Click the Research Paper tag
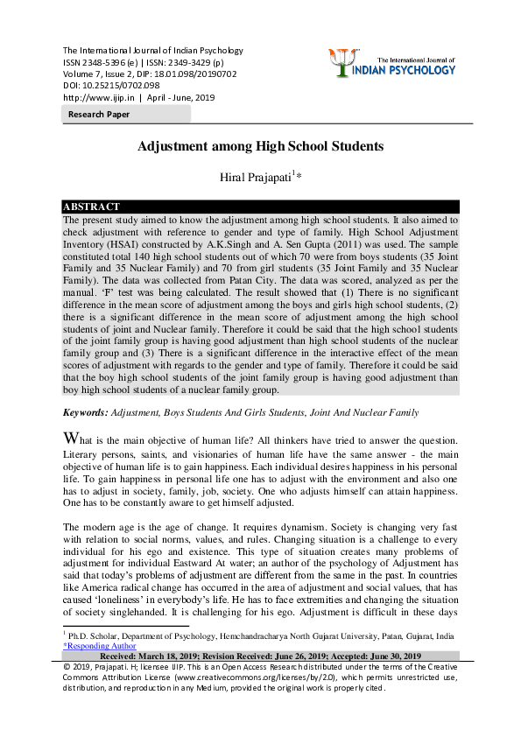(x=99, y=115)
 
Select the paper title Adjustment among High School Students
(x=260, y=147)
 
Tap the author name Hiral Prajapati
(x=255, y=178)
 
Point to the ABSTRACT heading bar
(x=260, y=207)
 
